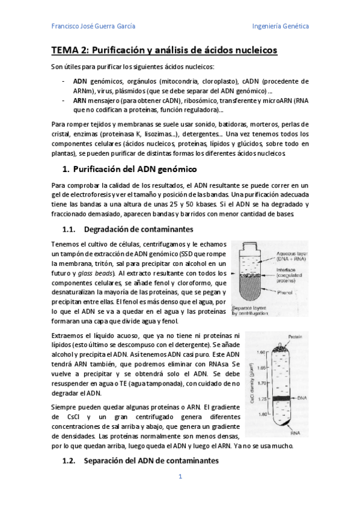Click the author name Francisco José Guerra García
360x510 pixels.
click(x=93, y=26)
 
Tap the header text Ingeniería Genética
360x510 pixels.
click(x=281, y=26)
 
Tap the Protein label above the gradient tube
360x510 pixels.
click(x=294, y=336)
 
